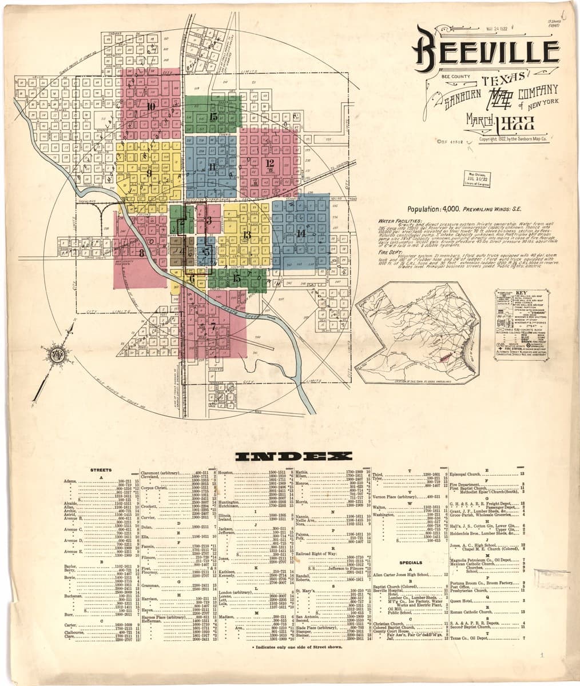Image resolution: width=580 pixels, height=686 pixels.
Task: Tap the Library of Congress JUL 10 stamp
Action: point(476,178)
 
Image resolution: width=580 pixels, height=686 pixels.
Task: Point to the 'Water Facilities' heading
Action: point(400,221)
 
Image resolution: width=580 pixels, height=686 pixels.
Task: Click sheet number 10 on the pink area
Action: point(151,106)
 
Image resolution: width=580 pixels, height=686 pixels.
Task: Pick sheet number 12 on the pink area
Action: point(270,162)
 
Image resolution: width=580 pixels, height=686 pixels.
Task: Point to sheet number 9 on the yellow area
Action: point(148,173)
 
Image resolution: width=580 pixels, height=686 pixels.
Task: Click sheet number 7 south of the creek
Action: point(213,328)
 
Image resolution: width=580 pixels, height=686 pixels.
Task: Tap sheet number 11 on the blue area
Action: point(212,167)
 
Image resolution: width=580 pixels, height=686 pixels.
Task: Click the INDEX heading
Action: point(290,456)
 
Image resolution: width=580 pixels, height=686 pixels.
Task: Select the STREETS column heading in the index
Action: point(101,470)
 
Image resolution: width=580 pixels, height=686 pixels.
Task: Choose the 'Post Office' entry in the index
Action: point(459,587)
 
